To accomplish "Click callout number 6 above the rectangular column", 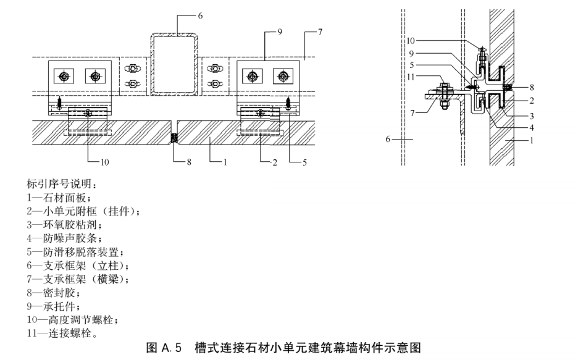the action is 200,16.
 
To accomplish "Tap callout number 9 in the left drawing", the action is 280,32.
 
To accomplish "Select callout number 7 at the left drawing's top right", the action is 320,32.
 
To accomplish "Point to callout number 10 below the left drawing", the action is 105,162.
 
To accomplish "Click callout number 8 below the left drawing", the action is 189,162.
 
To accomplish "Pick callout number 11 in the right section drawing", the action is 411,77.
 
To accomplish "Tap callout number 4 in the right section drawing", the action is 532,128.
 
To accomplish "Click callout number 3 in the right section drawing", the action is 532,117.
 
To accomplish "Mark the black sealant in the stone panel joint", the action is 174,138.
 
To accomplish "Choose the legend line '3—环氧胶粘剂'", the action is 64,225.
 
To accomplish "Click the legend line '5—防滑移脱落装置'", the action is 75,252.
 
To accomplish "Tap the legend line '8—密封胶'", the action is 54,293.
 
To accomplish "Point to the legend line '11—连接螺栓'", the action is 62,333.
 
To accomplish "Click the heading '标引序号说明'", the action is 62,184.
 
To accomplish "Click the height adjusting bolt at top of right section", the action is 482,56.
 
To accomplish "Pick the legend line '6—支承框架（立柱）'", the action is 78,266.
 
